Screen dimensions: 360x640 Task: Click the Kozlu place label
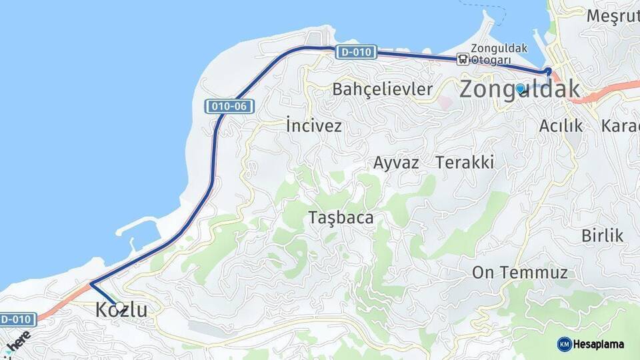[x=121, y=309]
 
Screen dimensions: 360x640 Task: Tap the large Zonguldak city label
[x=520, y=89]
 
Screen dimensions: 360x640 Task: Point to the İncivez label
[x=313, y=125]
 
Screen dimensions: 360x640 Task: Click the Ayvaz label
[x=396, y=162]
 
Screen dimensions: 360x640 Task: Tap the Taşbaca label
[x=340, y=217]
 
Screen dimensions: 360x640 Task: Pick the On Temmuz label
[x=519, y=272]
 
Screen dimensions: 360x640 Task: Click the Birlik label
[x=602, y=235]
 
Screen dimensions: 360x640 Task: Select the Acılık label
[x=561, y=125]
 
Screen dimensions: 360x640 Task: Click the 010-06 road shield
[x=230, y=106]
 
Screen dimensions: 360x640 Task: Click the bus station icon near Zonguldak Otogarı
[x=463, y=59]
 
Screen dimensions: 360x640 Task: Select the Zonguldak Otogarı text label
[x=499, y=53]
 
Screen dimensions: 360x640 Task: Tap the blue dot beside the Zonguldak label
[x=520, y=88]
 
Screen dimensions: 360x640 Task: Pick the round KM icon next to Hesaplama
[x=564, y=344]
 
